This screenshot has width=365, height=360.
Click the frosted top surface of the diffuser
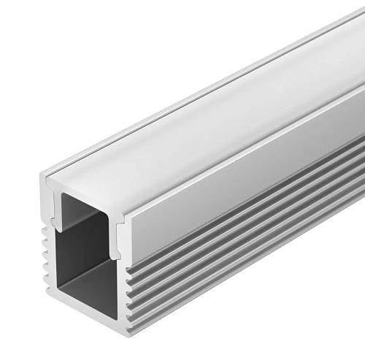(219, 110)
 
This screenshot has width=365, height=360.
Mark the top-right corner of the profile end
(131, 197)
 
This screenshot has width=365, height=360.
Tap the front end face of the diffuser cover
(88, 188)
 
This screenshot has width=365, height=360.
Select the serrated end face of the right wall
(128, 285)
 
